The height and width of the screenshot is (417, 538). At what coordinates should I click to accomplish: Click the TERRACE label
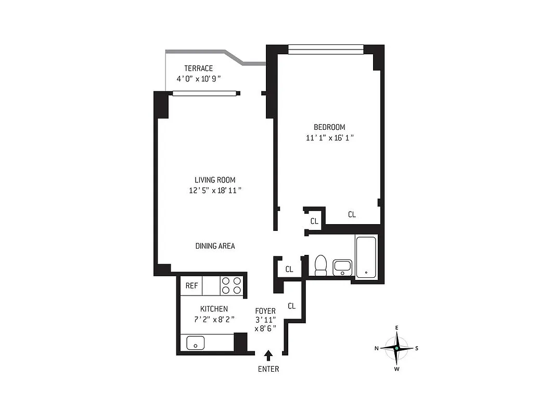click(x=198, y=68)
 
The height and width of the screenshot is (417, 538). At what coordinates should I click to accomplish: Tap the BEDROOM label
click(x=329, y=127)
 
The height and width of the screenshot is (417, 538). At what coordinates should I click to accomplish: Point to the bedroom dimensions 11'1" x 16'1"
click(x=330, y=138)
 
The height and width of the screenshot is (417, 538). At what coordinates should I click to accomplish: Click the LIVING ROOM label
click(x=215, y=180)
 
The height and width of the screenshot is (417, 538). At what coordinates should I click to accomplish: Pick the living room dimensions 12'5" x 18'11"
click(x=215, y=191)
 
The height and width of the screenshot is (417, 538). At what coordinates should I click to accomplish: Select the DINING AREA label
click(x=215, y=246)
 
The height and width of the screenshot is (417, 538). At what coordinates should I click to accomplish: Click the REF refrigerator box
click(x=191, y=286)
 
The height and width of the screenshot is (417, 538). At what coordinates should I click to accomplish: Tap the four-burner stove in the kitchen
click(x=232, y=286)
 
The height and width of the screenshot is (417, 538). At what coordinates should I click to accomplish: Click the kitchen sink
click(x=196, y=342)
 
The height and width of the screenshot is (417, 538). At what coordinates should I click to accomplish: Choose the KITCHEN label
click(x=214, y=309)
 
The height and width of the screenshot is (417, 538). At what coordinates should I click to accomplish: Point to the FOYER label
click(x=265, y=311)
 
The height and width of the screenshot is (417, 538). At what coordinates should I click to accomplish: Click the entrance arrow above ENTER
click(x=268, y=355)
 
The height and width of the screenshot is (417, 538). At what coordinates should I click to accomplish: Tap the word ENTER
click(x=268, y=369)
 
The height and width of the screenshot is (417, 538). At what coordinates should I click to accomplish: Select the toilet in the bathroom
click(x=321, y=265)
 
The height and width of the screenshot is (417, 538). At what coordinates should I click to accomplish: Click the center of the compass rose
click(x=396, y=348)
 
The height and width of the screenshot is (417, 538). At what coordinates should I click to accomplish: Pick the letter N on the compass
click(x=376, y=348)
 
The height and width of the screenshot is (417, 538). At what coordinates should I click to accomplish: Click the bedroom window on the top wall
click(x=326, y=50)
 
